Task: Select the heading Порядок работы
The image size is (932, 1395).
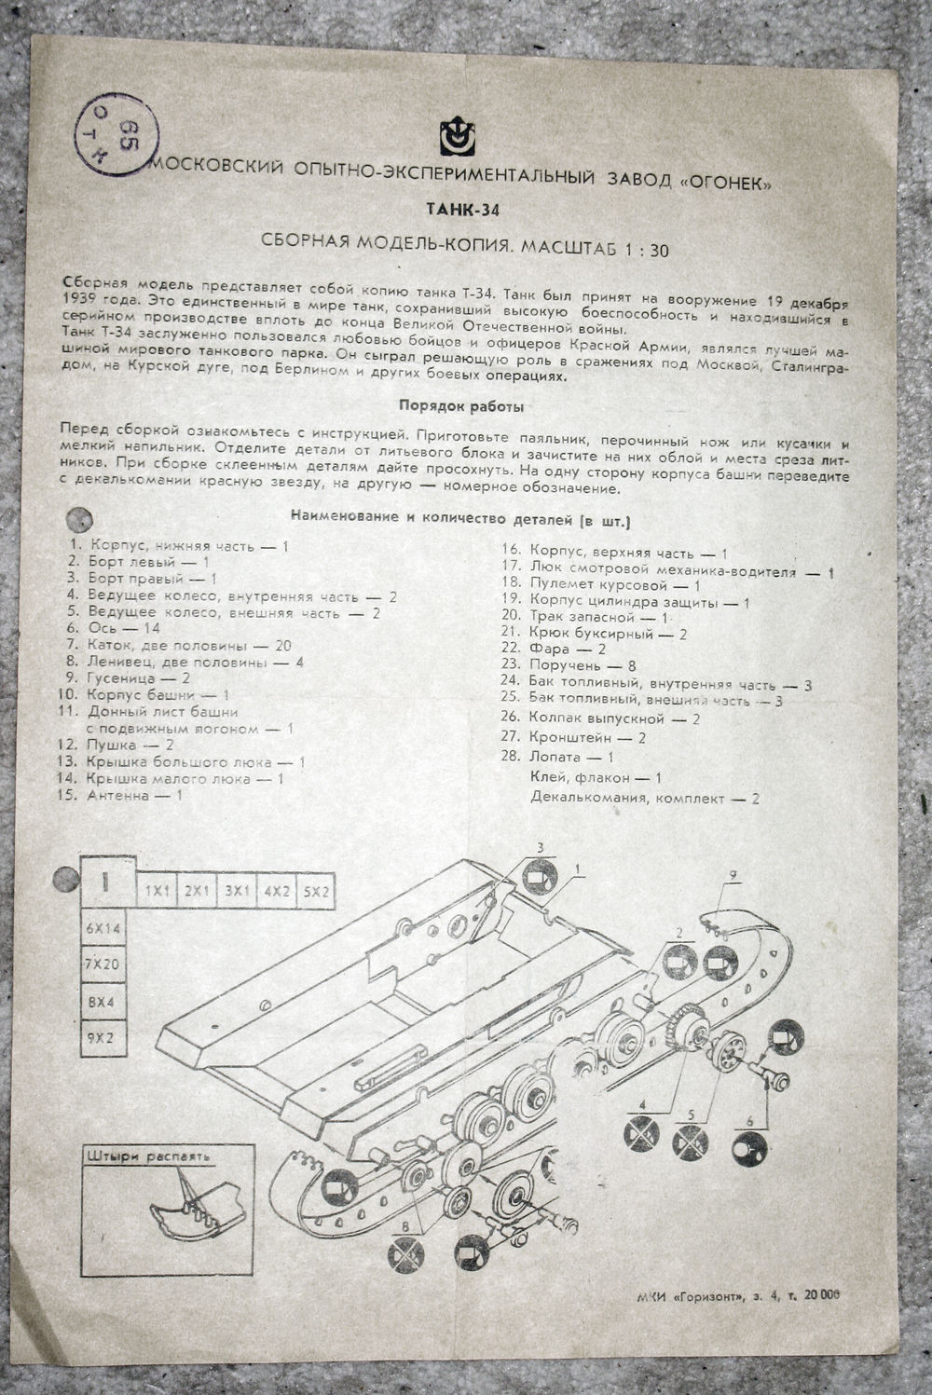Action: [460, 406]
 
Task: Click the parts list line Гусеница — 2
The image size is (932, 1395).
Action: [129, 678]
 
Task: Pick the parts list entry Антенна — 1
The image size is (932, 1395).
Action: [135, 796]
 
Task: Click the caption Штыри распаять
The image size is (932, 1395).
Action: [148, 1156]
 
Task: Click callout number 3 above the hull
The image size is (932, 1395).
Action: [541, 846]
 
